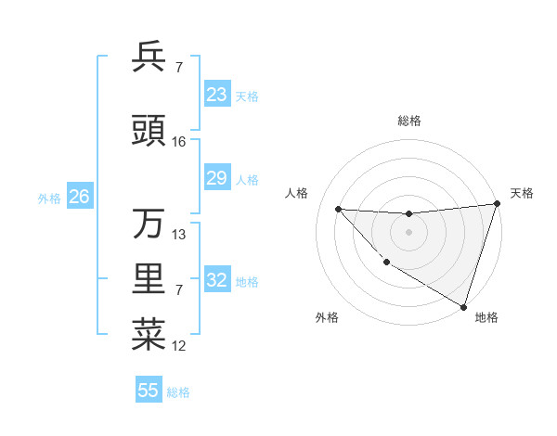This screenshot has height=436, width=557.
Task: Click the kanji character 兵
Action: (149, 57)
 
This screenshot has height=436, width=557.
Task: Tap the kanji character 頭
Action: (149, 132)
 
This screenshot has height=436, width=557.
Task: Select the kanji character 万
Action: (149, 224)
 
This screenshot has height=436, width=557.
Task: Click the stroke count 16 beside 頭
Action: (179, 142)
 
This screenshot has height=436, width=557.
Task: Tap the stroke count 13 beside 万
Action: (179, 235)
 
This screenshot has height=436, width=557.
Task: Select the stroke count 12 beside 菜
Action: (179, 346)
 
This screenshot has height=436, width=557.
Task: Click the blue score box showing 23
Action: (217, 95)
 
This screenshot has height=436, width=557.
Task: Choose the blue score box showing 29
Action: (217, 178)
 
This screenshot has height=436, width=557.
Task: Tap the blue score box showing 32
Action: (217, 280)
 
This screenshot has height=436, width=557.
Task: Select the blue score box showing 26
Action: (79, 197)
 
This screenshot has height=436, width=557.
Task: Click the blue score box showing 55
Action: (149, 391)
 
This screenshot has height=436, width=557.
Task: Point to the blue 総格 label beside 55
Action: (178, 392)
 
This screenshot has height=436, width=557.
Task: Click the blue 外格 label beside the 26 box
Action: (49, 198)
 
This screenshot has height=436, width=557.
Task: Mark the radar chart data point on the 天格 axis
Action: (497, 204)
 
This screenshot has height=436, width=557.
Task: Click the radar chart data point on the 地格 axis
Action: (463, 306)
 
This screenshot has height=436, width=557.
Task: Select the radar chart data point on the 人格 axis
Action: (338, 209)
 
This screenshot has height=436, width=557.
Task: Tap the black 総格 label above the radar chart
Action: (408, 121)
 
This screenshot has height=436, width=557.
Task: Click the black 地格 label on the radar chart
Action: (486, 317)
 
